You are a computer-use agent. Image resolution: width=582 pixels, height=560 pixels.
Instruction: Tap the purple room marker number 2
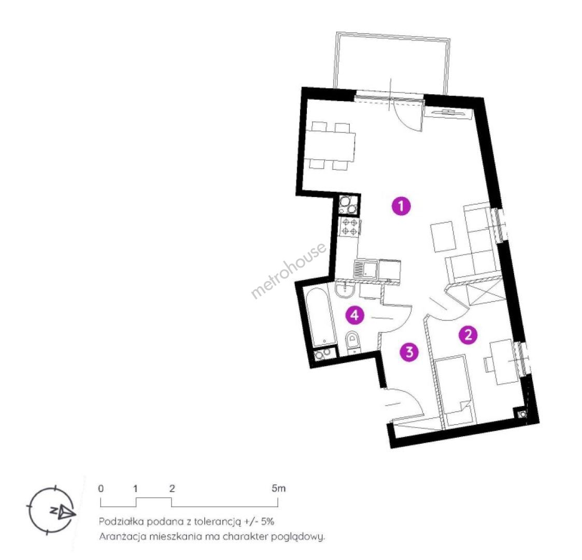[468, 335]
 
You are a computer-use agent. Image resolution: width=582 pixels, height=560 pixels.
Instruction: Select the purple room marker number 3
[409, 352]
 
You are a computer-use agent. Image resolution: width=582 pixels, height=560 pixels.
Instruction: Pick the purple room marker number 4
[355, 315]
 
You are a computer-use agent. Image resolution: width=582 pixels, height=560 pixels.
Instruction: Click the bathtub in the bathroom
[319, 317]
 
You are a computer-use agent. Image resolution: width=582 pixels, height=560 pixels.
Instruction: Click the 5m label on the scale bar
[278, 488]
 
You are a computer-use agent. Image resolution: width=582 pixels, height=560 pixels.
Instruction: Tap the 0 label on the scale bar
[101, 488]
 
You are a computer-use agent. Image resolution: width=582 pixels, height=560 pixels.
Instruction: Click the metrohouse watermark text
[289, 270]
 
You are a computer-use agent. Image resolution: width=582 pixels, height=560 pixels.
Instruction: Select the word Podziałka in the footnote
[121, 522]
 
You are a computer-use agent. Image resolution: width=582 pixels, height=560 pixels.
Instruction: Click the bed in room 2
[456, 390]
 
